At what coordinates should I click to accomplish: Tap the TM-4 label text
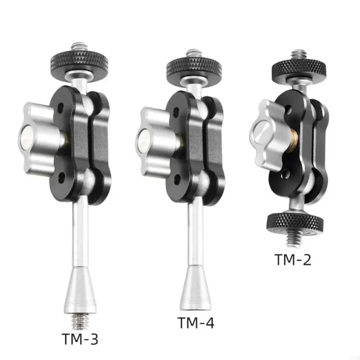196,323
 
